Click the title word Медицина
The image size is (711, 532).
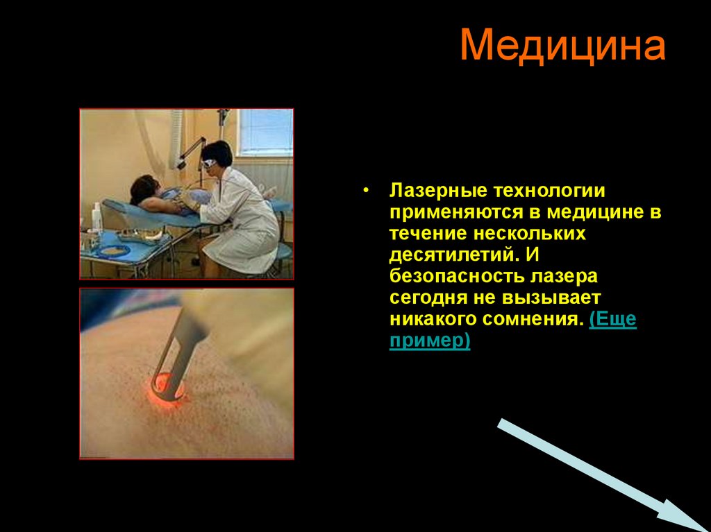point(562,46)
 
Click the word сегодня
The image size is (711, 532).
point(424,298)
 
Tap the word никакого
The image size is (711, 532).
point(433,320)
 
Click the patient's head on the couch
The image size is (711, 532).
point(144,188)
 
